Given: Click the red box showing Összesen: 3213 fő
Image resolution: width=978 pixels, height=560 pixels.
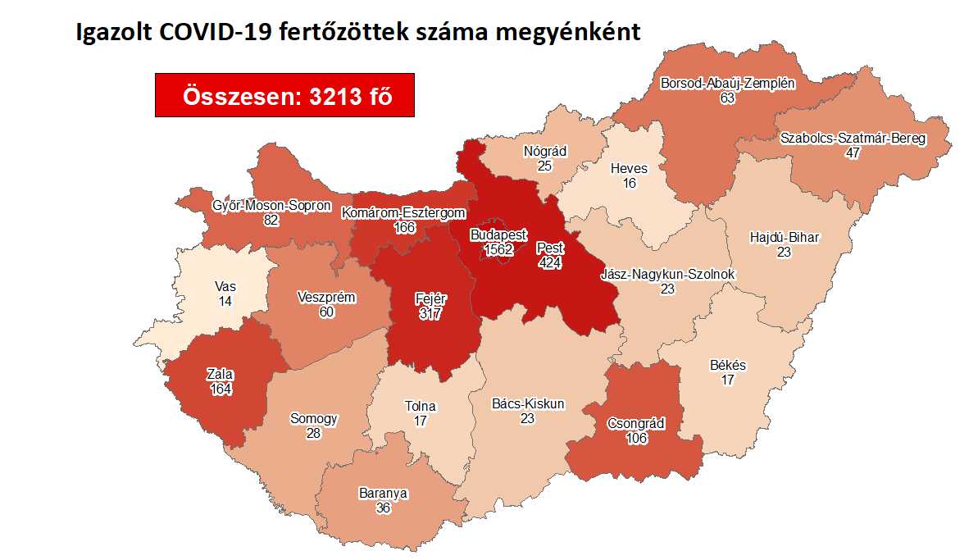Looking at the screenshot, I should (284, 95).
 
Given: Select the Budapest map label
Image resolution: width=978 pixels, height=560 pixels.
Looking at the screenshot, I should (498, 234).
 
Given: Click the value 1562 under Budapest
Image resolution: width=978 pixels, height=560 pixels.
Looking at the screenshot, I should (498, 249).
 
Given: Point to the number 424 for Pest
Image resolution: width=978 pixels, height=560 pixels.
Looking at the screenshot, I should (550, 262).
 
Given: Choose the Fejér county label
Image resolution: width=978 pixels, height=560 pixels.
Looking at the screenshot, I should (430, 299).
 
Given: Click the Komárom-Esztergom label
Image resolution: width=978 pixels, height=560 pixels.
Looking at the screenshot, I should (404, 213).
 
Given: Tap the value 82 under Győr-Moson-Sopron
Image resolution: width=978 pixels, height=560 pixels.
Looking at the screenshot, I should (271, 220).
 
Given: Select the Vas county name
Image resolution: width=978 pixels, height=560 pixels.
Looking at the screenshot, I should (225, 287).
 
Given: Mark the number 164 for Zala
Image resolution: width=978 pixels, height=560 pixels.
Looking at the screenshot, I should (221, 389).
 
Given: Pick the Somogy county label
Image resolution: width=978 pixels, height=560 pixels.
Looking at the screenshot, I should (313, 418).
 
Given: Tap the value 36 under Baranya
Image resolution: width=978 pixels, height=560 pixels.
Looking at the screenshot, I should (383, 508).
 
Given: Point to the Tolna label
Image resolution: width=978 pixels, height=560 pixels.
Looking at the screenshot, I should (421, 406).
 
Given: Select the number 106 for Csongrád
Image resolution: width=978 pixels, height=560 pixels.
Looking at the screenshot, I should (636, 438).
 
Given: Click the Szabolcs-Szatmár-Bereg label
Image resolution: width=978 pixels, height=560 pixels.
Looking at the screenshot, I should (853, 138).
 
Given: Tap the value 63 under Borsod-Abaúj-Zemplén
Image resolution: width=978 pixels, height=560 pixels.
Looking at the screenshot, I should (727, 98).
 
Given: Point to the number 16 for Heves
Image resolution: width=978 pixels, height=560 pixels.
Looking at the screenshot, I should (629, 183).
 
